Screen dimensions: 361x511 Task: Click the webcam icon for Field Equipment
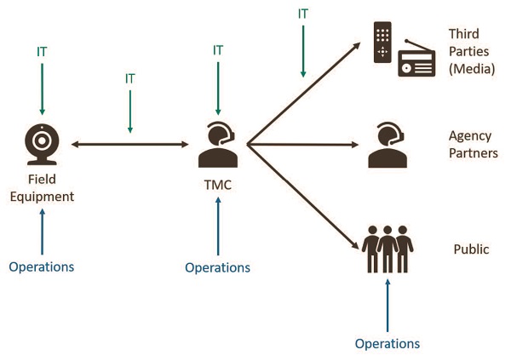41,145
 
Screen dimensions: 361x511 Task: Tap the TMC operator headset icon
217,145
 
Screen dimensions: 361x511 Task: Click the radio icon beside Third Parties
416,59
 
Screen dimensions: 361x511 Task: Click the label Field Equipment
41,188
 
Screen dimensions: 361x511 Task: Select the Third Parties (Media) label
471,50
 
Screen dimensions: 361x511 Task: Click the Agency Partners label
471,144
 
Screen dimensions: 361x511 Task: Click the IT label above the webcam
42,54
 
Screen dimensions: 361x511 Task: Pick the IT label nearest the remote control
303,14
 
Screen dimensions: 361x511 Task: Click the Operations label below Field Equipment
42,266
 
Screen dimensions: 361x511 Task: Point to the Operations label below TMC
217,267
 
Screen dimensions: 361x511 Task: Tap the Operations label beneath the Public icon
388,344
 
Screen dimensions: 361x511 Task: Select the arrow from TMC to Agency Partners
302,146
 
